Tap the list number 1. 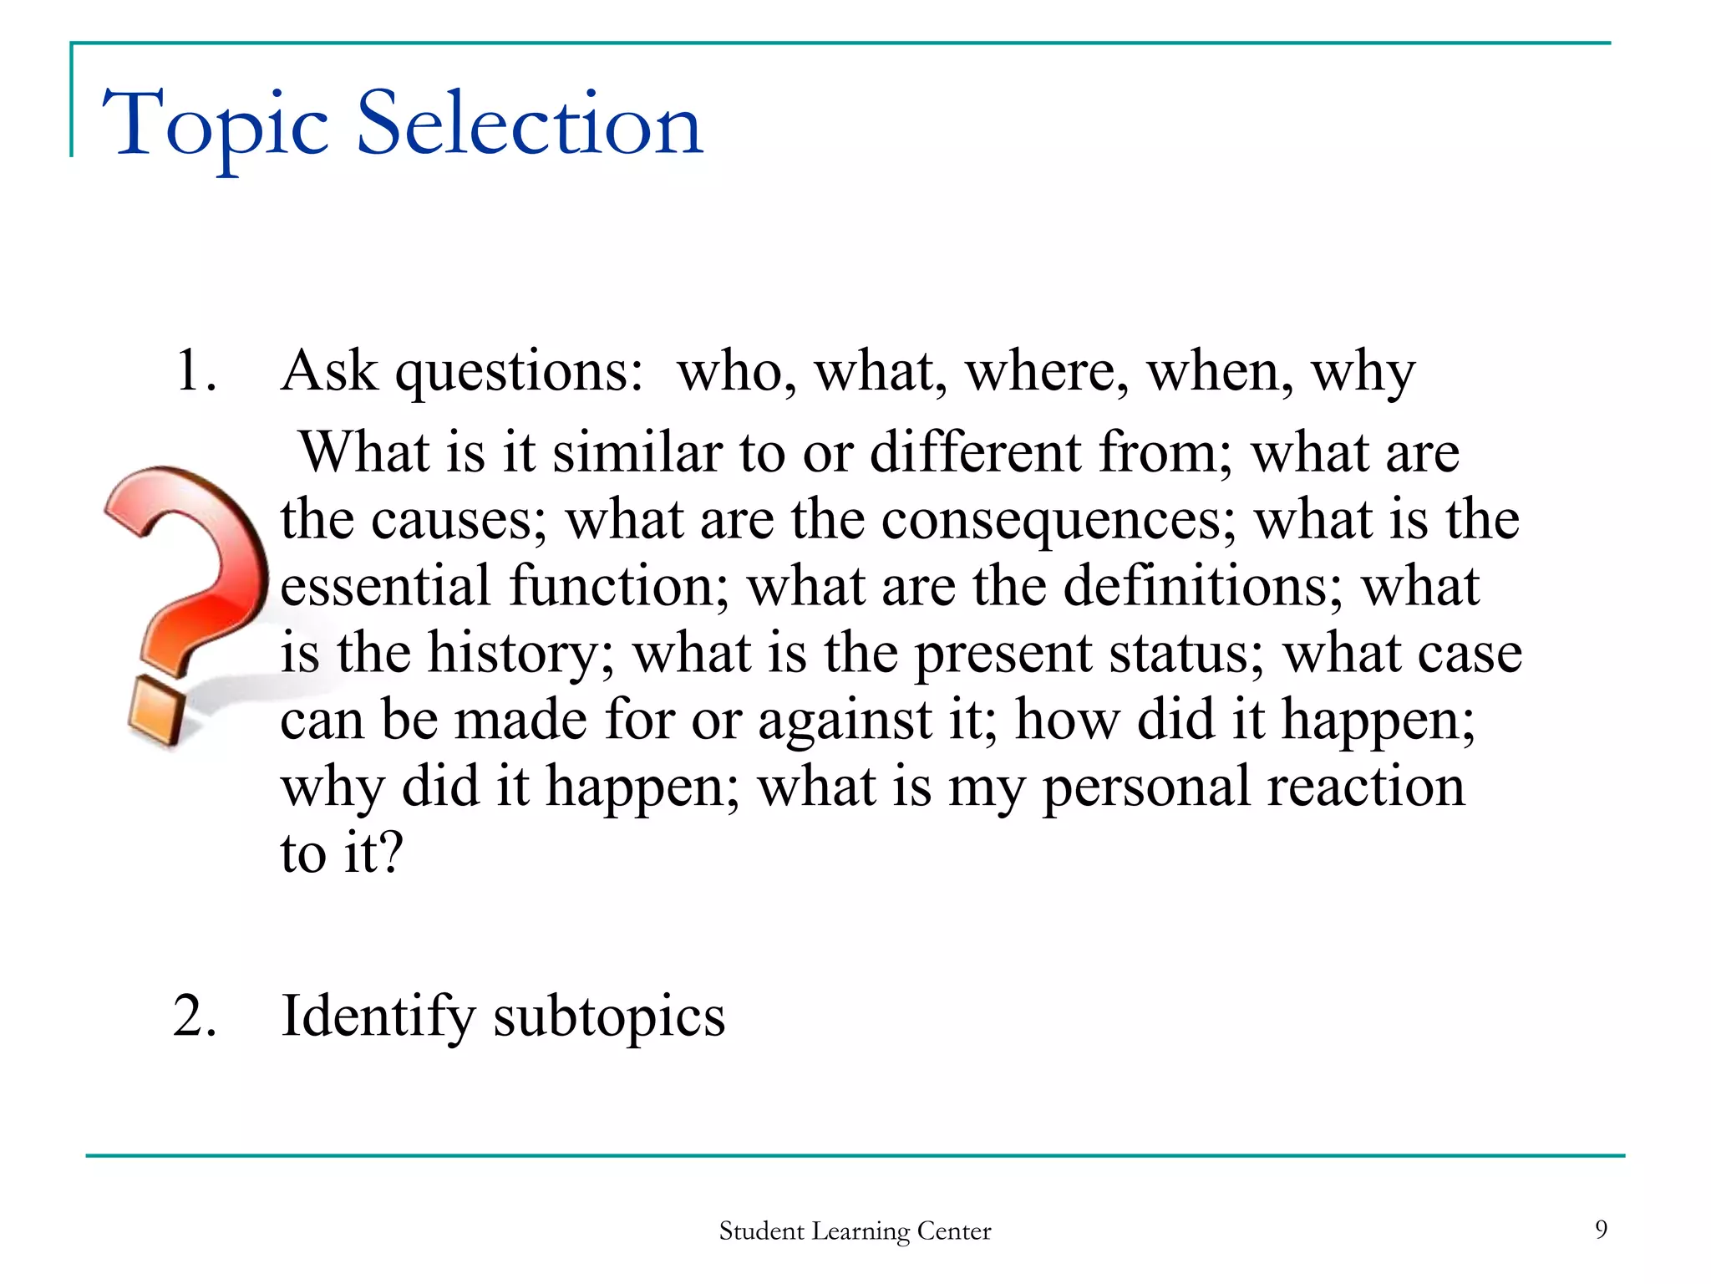(195, 370)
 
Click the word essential (385, 585)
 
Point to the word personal (1145, 787)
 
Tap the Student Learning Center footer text (855, 1231)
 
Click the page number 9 (1601, 1229)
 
